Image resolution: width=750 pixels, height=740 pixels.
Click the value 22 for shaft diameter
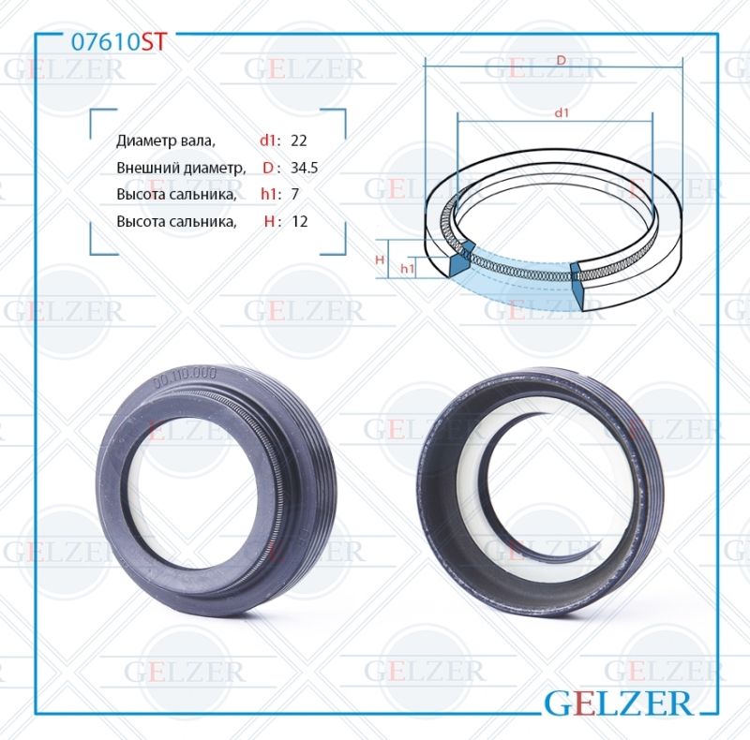(x=300, y=141)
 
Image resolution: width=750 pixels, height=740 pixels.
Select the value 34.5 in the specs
(x=306, y=168)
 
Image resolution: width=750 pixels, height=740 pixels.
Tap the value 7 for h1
(x=295, y=195)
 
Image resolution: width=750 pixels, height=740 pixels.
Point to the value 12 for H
(x=300, y=222)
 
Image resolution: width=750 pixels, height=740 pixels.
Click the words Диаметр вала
(x=166, y=141)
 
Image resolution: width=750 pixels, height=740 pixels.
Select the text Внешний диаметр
(x=181, y=168)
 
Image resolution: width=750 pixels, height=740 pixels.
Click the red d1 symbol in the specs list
(x=269, y=141)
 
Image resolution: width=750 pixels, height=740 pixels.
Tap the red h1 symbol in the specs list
(x=269, y=195)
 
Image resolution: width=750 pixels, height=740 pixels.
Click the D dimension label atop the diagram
(x=561, y=60)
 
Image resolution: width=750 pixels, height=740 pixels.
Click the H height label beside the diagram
(x=381, y=259)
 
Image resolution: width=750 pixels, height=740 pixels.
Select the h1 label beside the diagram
(x=407, y=269)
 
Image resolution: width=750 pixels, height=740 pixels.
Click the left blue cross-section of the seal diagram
(x=460, y=259)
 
